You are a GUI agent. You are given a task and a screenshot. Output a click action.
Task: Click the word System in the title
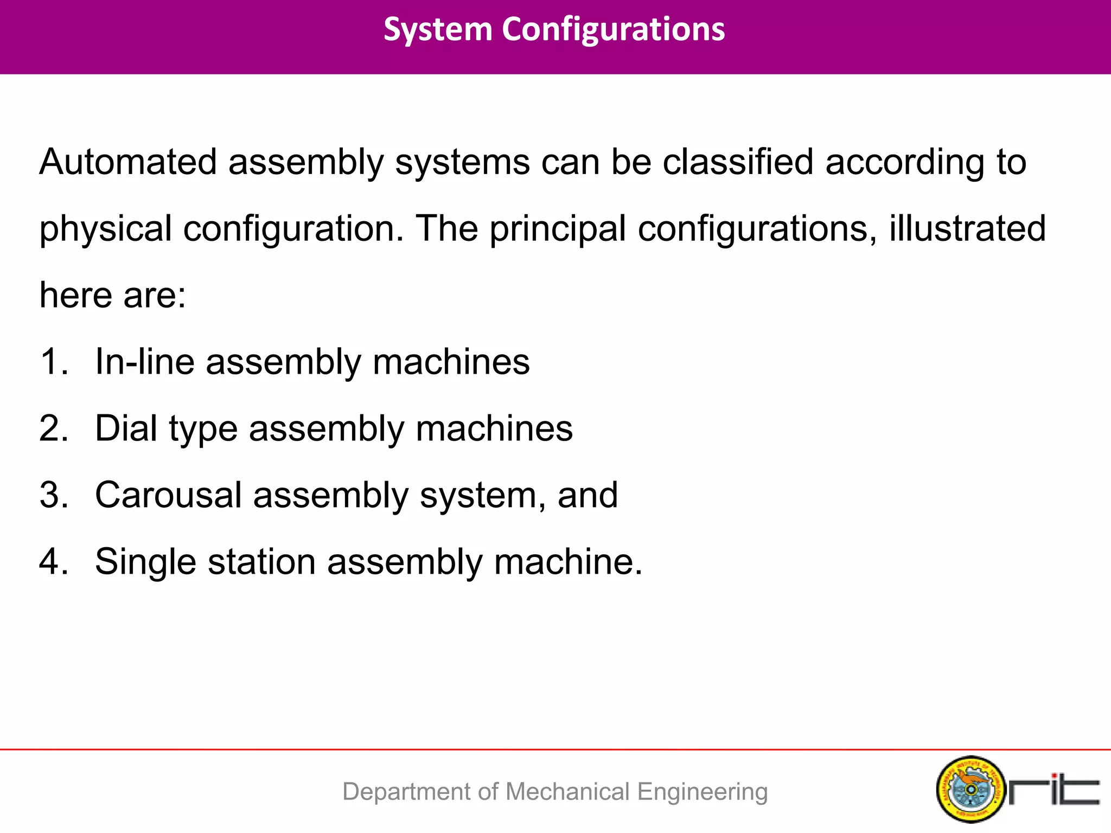pyautogui.click(x=437, y=29)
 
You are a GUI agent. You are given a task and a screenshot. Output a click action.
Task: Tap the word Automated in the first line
pyautogui.click(x=128, y=162)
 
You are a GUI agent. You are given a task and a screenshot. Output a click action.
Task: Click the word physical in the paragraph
pyautogui.click(x=105, y=229)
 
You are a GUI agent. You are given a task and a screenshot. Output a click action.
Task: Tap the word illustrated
pyautogui.click(x=967, y=228)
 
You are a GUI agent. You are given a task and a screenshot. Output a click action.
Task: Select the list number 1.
pyautogui.click(x=53, y=362)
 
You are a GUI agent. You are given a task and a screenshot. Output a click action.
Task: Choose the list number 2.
pyautogui.click(x=53, y=428)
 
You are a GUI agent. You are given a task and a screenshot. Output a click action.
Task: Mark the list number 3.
pyautogui.click(x=53, y=495)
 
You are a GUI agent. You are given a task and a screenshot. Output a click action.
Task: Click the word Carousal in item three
pyautogui.click(x=168, y=495)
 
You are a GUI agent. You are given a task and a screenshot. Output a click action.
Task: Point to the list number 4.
pyautogui.click(x=53, y=562)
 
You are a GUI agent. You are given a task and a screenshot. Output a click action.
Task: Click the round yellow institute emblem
pyautogui.click(x=970, y=790)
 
